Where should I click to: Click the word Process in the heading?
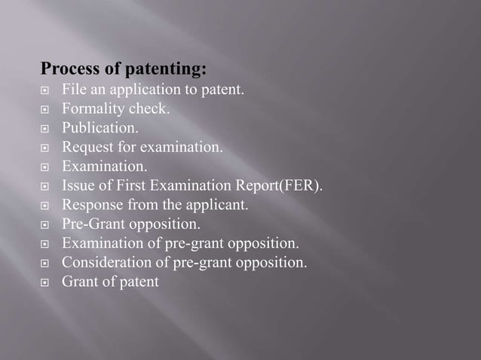(x=68, y=69)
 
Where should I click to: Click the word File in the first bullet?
(x=74, y=90)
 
